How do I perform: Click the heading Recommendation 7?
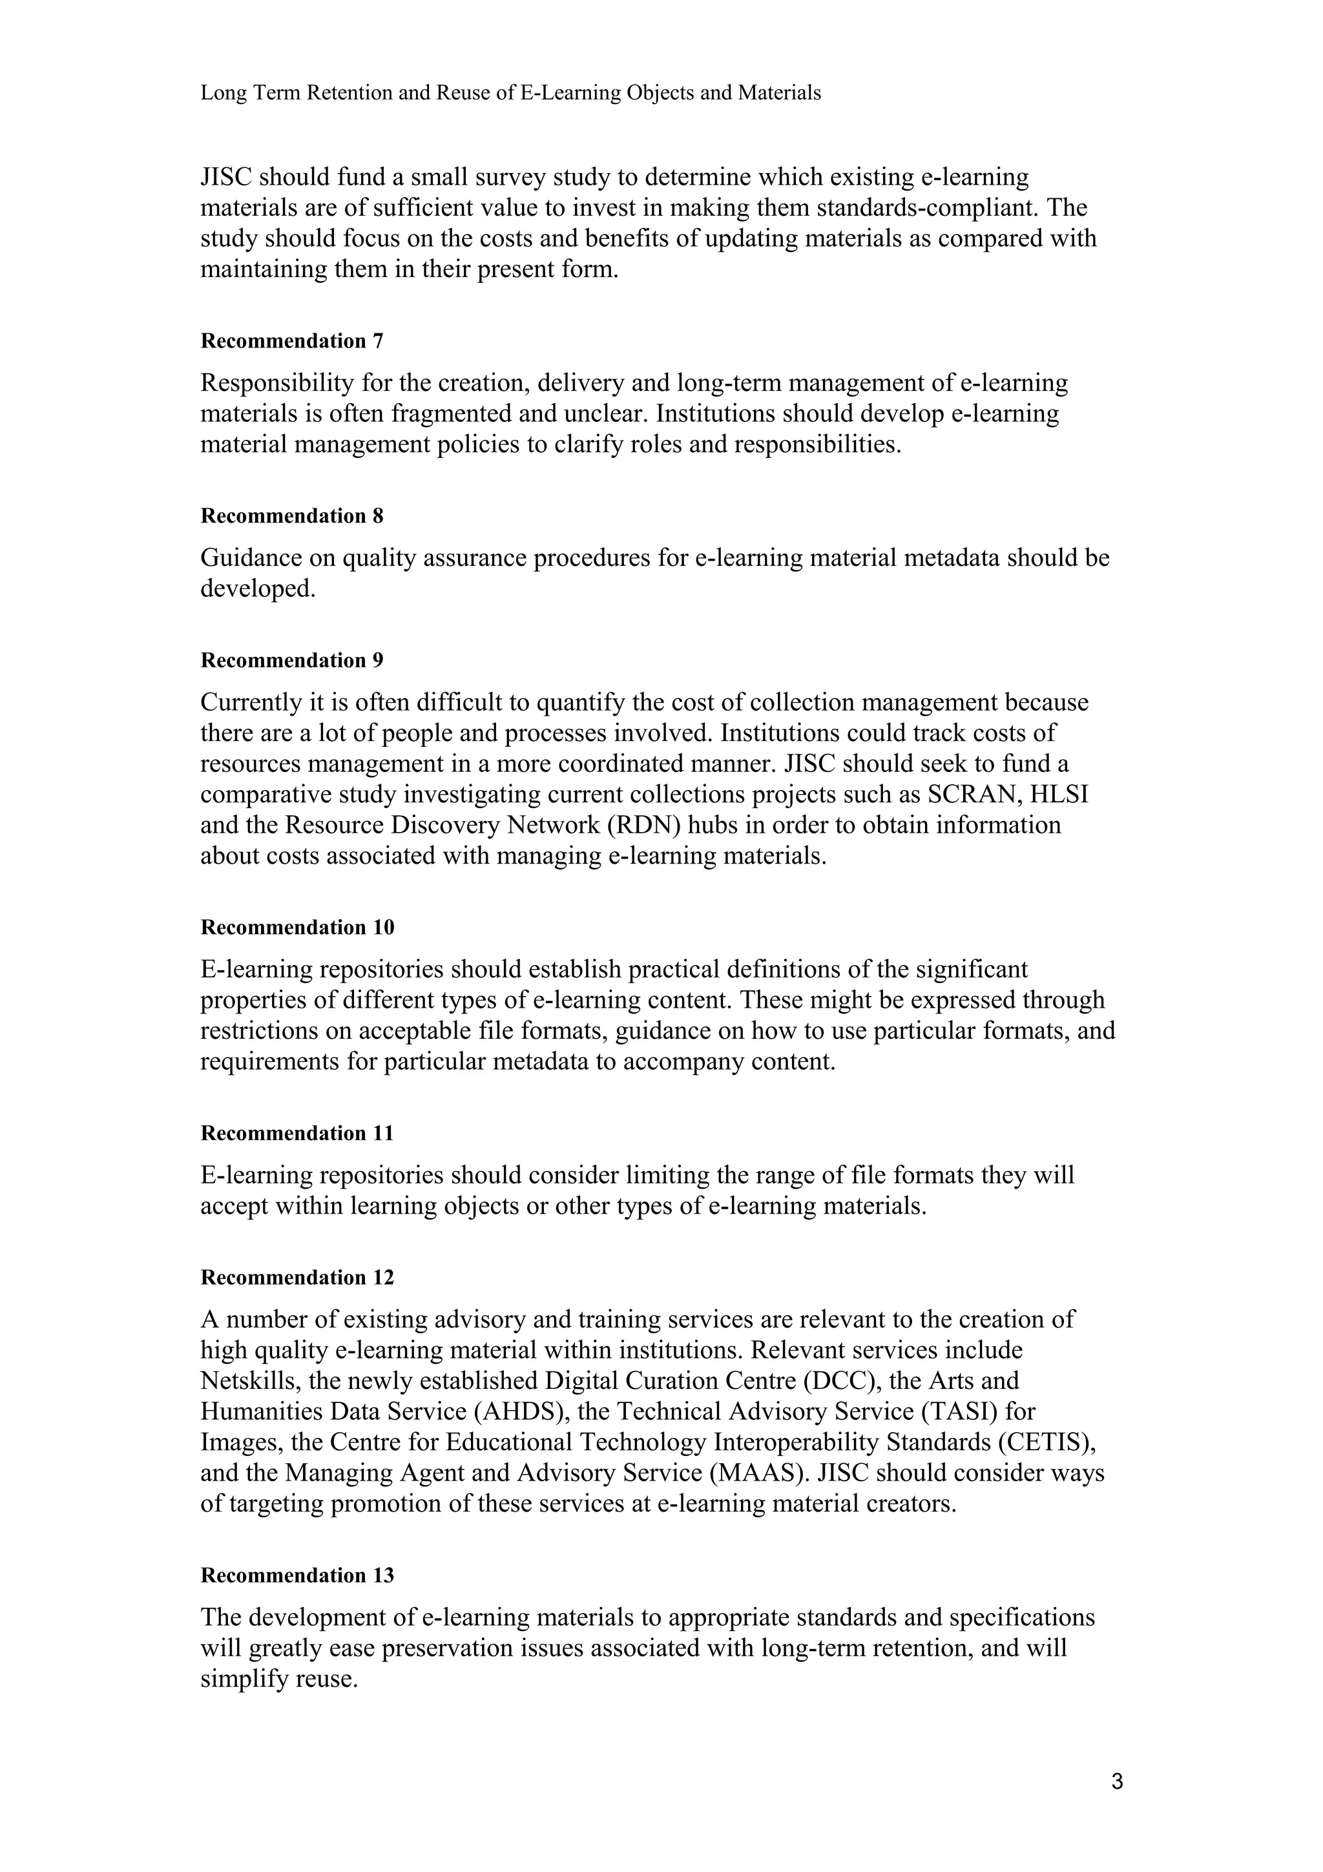pyautogui.click(x=292, y=341)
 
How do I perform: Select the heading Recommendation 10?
pyautogui.click(x=298, y=927)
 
